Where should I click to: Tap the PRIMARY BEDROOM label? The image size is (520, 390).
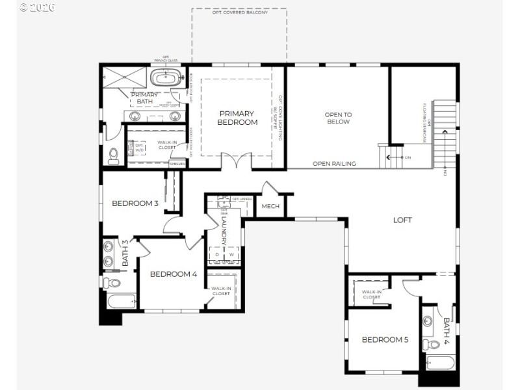pos(237,118)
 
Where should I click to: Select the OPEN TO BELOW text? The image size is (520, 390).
pos(338,118)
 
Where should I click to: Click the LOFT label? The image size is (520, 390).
pos(402,220)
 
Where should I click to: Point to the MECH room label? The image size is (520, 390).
pos(270,207)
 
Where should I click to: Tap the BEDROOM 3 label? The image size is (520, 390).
pos(135,203)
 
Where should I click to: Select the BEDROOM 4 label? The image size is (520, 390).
pos(173,274)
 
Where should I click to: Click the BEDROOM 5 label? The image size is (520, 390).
pos(385,339)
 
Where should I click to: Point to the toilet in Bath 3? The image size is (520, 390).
pos(112,283)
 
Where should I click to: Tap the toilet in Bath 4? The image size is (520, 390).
pos(431,343)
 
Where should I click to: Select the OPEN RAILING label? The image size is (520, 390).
pos(334,164)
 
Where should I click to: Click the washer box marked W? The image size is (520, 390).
pos(231,254)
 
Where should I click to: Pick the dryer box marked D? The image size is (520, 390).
pos(217,254)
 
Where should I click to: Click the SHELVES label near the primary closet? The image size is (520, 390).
pos(177,164)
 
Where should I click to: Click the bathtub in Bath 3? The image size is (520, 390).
pos(121,301)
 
